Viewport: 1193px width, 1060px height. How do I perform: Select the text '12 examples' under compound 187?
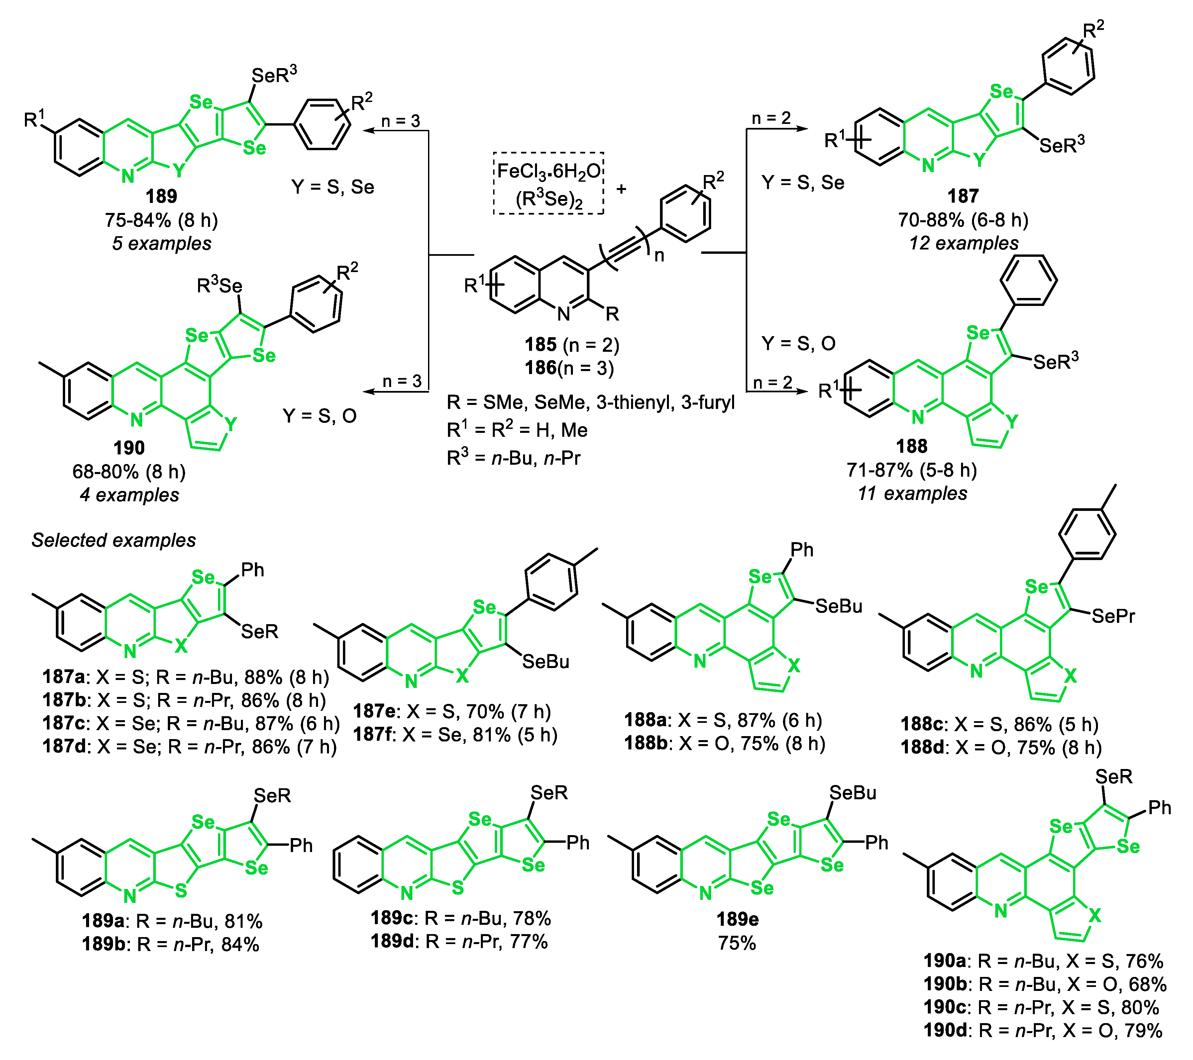[x=964, y=243]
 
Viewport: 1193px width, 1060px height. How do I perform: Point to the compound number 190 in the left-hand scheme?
[x=129, y=448]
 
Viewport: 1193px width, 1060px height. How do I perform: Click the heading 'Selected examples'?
[x=114, y=540]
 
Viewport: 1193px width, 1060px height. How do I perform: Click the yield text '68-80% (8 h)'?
[x=129, y=471]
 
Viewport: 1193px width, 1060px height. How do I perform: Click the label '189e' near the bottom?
[x=737, y=920]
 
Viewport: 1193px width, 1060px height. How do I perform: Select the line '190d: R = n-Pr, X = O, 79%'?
[x=1043, y=1031]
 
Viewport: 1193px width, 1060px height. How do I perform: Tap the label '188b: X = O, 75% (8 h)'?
[x=724, y=744]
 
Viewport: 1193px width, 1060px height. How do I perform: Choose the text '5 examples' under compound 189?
[x=162, y=243]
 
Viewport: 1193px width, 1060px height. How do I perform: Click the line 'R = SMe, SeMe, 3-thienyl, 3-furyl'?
[x=590, y=403]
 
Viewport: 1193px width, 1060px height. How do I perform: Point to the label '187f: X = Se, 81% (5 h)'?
[x=455, y=734]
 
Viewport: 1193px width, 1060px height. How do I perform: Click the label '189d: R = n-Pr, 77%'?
[x=459, y=941]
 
